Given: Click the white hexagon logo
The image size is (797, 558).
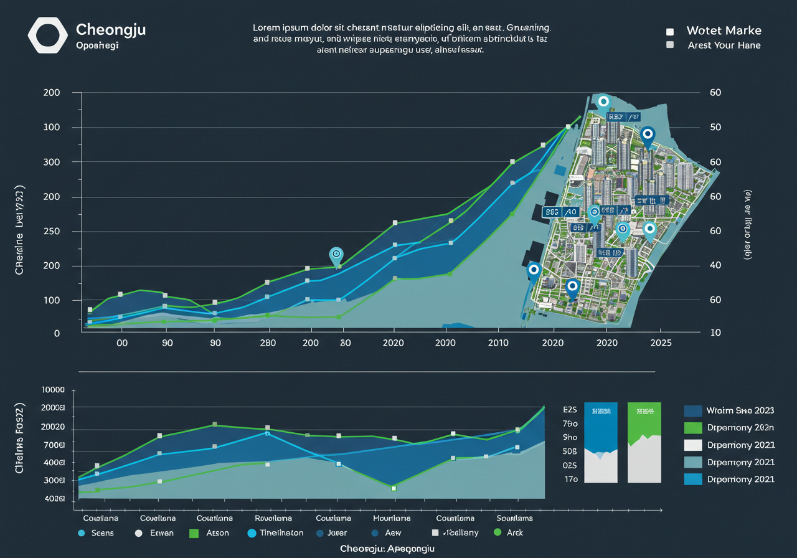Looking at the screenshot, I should [x=48, y=35].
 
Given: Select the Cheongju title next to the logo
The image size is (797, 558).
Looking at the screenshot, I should [x=110, y=29].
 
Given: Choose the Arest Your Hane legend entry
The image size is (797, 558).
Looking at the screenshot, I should [x=724, y=45].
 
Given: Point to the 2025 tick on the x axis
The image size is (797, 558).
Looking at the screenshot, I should [x=660, y=343].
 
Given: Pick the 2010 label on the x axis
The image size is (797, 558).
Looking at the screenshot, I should [x=499, y=343].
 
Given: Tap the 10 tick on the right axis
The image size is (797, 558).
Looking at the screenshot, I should [x=715, y=333].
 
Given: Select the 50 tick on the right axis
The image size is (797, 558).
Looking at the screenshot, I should [x=715, y=127].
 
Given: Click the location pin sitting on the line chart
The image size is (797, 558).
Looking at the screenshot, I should [x=336, y=255].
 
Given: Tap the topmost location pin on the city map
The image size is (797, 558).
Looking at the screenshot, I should [x=603, y=103].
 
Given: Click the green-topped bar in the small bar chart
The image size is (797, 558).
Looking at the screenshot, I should [x=644, y=442].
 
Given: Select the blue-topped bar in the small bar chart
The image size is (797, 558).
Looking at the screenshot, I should [x=601, y=442].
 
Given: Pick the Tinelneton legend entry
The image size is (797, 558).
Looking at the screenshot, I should [x=280, y=532].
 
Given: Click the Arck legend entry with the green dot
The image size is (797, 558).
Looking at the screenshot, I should [x=515, y=532].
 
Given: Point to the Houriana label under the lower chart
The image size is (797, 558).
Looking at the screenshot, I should [x=392, y=518].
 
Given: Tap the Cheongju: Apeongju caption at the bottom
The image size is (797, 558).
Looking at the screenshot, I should [x=387, y=549].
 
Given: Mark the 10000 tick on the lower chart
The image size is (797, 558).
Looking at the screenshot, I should [x=53, y=390].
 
